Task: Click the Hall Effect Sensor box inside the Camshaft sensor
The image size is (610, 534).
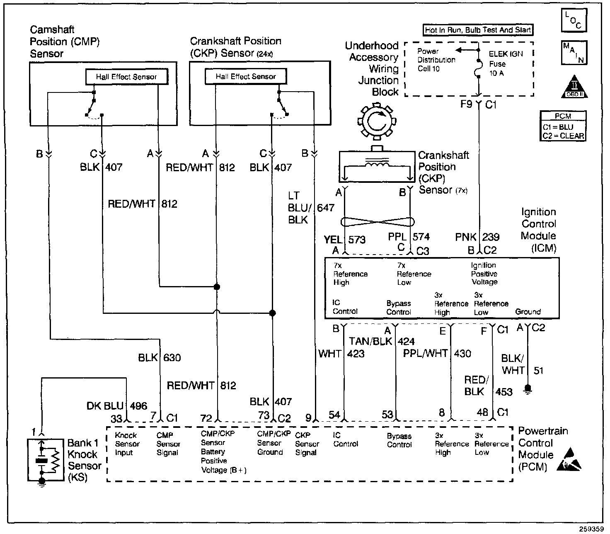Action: point(126,77)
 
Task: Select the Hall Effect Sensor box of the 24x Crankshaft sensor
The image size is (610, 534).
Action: point(245,77)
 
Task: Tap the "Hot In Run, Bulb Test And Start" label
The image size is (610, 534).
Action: point(478,30)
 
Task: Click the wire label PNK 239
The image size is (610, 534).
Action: point(477,237)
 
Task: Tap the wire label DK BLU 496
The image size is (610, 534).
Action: point(117,405)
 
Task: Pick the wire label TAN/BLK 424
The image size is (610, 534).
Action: point(382,341)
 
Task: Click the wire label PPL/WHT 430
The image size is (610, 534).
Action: point(437,353)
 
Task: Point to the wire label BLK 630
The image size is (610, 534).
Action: point(160,357)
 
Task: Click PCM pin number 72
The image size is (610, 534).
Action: point(206,418)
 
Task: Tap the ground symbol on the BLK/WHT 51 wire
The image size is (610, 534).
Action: point(528,389)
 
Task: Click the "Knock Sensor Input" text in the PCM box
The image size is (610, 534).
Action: point(127,444)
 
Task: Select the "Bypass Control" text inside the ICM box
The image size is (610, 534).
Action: point(399,308)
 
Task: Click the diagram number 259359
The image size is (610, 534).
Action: point(591,529)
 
